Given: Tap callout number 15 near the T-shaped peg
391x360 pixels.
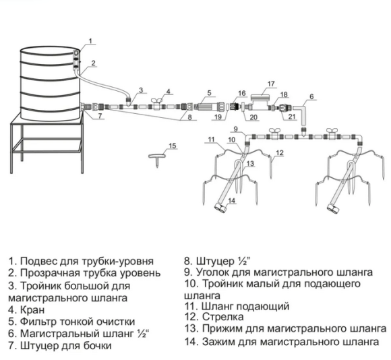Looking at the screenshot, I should pyautogui.click(x=172, y=146).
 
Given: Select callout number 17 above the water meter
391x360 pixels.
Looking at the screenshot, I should pyautogui.click(x=271, y=84).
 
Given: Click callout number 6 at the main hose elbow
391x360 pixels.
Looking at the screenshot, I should pyautogui.click(x=311, y=97).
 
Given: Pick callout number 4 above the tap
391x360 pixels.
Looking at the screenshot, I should pyautogui.click(x=168, y=91).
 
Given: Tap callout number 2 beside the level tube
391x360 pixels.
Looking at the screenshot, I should pyautogui.click(x=93, y=63).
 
